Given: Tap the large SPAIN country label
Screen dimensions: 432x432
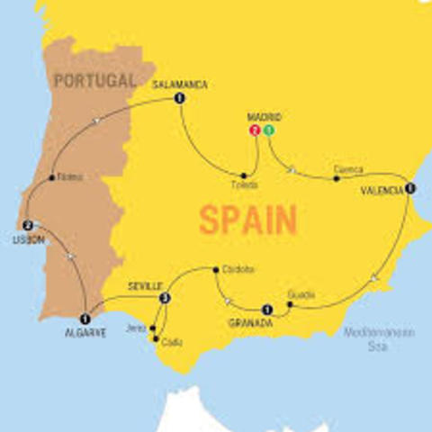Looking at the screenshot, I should [x=248, y=220].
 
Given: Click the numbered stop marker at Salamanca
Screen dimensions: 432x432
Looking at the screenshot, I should [x=180, y=98].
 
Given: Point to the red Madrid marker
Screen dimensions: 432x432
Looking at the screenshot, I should [x=256, y=130].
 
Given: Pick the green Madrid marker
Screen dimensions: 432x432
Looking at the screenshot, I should [x=268, y=130].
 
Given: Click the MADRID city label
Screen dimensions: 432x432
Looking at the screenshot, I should [x=263, y=118].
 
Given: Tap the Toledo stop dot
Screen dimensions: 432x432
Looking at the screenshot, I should [x=244, y=175].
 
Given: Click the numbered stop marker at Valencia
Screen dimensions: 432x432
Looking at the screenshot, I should [x=410, y=188].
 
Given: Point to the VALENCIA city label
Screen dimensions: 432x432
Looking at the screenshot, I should [x=381, y=191].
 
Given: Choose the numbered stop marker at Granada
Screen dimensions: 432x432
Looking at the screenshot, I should [x=266, y=310].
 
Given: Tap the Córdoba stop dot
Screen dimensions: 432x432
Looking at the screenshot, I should [x=215, y=268].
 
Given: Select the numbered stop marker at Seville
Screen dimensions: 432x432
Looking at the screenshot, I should [x=164, y=298].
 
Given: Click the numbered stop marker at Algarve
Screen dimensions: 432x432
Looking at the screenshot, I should [x=85, y=318].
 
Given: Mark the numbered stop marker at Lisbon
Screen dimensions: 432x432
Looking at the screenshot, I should [x=28, y=226].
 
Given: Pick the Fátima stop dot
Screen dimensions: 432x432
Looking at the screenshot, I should [x=51, y=177].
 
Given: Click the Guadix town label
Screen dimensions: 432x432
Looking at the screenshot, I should [x=301, y=294].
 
